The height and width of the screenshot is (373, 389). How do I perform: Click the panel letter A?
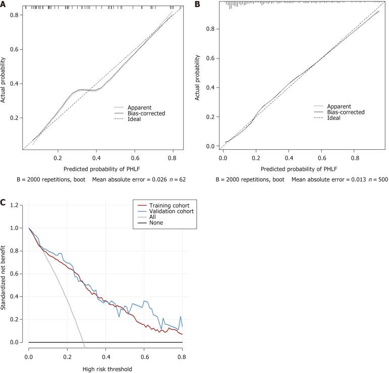click(4, 4)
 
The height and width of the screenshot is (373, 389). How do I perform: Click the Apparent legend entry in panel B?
click(340, 106)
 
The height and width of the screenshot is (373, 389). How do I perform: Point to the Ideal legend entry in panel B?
click(335, 119)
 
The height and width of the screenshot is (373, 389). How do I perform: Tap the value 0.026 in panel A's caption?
click(149, 179)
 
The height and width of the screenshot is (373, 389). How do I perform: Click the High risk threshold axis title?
click(107, 369)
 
